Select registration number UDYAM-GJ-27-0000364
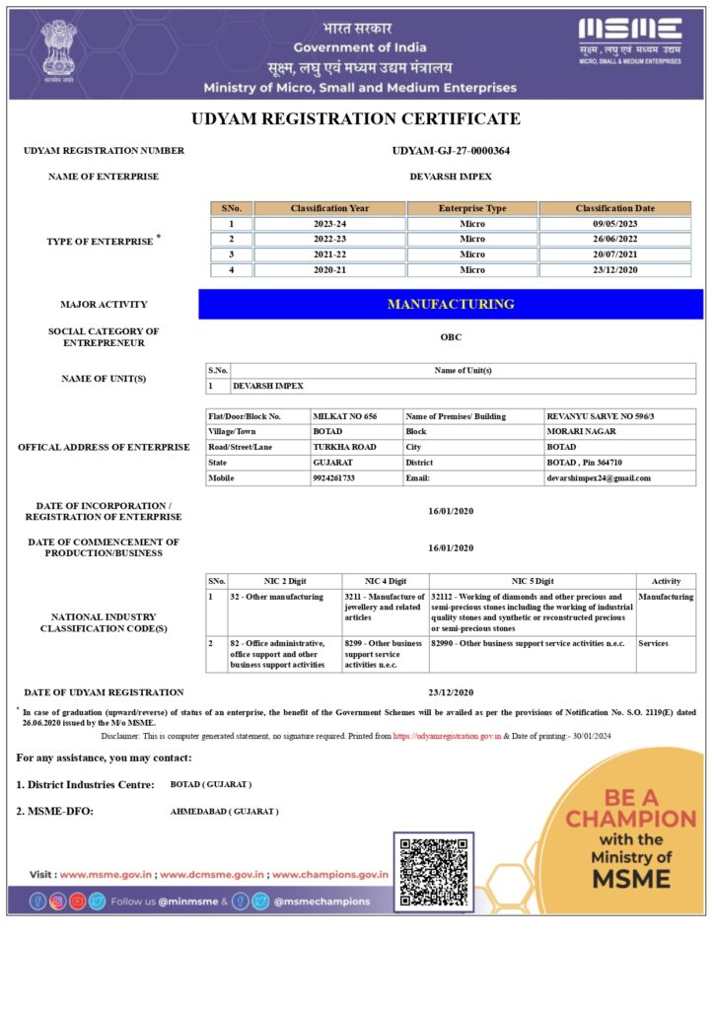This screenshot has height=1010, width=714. pos(451,151)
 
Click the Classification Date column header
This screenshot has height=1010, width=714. pos(615,208)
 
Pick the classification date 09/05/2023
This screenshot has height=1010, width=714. pos(615,224)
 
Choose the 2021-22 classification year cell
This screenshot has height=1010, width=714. pos(329,254)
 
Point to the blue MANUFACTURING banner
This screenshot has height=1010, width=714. pos(451,304)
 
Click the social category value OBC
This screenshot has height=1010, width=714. pos(451,336)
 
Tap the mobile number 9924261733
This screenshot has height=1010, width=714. pos(333,477)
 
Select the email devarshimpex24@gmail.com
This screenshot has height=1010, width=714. pos(599,477)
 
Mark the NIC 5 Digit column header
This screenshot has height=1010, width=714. pos(533,581)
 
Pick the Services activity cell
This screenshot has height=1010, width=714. pos(653,643)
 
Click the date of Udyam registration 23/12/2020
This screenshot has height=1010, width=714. pos(451,692)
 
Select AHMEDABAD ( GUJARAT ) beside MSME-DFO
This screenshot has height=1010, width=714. pos(225,811)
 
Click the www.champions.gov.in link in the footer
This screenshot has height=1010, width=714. pos(329,874)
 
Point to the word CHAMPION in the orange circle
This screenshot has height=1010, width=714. pos(630,819)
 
